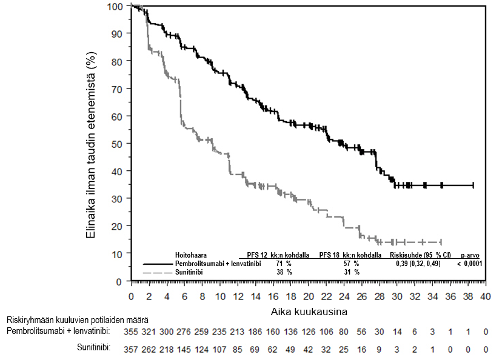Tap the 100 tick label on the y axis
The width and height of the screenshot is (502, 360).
[x=113, y=7]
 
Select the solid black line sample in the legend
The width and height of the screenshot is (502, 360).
[x=158, y=264]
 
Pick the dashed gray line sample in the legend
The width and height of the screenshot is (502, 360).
[x=158, y=273]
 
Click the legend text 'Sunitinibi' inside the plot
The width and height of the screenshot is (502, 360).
[x=189, y=273]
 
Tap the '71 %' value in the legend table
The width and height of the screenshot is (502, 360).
[x=284, y=264]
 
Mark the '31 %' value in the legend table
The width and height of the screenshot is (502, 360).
[x=352, y=272]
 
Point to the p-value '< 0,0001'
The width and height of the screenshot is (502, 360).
[x=470, y=264]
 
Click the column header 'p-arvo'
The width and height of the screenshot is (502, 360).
[x=470, y=256]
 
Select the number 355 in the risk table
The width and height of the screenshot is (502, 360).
[x=131, y=332]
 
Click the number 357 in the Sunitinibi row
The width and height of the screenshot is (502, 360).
[x=131, y=350]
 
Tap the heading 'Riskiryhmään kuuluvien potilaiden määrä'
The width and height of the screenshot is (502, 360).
[x=78, y=320]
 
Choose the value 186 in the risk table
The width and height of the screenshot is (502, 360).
[x=255, y=332]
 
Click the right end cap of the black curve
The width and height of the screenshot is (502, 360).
[x=473, y=185]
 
